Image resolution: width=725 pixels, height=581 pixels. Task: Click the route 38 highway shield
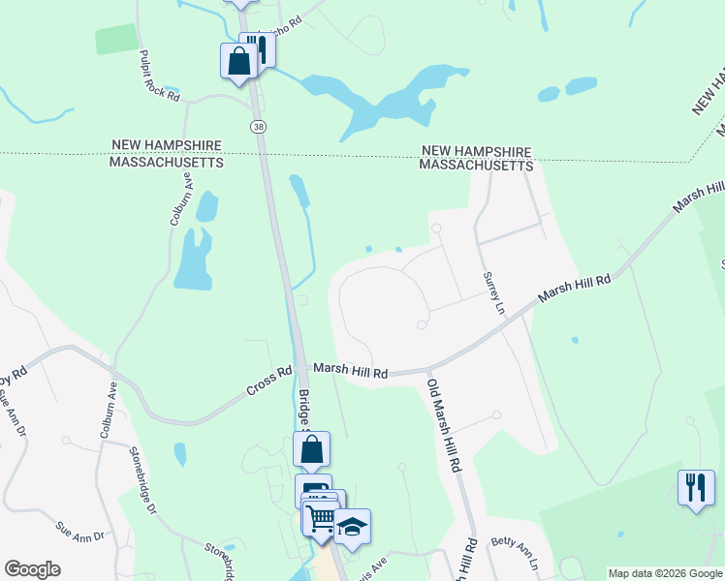258,127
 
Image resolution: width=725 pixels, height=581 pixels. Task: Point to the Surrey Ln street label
494,292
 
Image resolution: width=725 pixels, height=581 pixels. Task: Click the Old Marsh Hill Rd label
444,425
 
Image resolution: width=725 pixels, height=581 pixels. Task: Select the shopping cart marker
321,517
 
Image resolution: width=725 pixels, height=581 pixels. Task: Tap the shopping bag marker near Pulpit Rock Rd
238,61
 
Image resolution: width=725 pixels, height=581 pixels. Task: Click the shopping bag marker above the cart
311,449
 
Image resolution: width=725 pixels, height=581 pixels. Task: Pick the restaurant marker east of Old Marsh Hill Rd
695,486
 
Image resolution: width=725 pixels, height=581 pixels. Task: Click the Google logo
32,569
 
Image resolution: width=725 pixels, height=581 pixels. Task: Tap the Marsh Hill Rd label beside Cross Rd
352,372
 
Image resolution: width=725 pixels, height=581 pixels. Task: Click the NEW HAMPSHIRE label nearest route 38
167,145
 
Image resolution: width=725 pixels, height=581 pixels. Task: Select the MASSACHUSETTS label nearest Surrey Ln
476,166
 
